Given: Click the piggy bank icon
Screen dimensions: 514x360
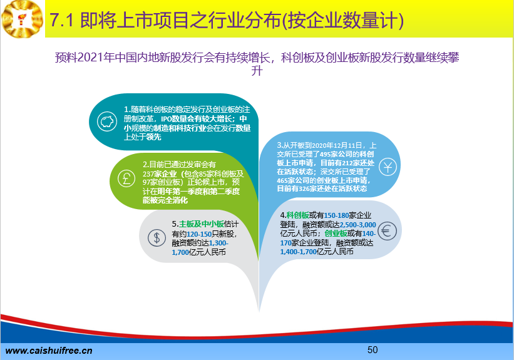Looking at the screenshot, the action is (107, 121).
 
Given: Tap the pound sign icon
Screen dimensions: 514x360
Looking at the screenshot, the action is (126, 178).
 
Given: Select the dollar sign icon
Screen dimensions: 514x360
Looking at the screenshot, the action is (157, 237).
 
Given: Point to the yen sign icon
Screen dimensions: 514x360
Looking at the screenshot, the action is (388, 167).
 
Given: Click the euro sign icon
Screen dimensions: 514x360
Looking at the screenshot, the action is (387, 231).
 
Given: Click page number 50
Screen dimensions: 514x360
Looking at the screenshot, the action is (373, 350).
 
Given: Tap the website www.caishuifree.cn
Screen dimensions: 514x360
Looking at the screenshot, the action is (49, 351).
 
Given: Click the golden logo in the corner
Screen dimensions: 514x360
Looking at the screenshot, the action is (23, 19).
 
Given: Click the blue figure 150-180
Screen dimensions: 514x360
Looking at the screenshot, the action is (336, 215).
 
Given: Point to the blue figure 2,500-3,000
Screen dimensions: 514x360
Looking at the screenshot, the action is (358, 225).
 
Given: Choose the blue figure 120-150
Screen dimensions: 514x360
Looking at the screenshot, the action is (199, 234).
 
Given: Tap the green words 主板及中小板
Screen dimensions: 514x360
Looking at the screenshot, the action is (202, 224).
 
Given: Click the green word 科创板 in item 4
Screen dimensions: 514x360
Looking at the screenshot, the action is (297, 215).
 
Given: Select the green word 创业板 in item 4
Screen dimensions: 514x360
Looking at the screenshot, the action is (336, 233).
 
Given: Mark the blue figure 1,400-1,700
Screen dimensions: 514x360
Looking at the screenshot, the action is (299, 252).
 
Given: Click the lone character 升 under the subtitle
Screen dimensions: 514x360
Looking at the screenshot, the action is (257, 71).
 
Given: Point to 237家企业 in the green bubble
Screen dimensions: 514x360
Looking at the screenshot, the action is (160, 174).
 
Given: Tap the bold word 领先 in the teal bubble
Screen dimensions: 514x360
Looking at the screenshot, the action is (154, 137).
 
